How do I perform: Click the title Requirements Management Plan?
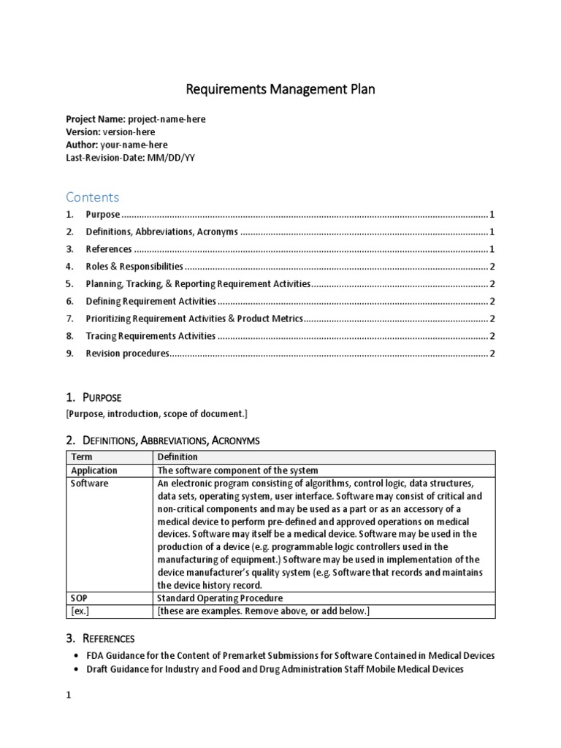[280, 90]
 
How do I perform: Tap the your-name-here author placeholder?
[132, 145]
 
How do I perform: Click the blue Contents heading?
[92, 197]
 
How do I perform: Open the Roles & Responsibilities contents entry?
[134, 267]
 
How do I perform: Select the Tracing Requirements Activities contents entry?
[150, 336]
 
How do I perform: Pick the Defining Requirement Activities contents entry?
[150, 301]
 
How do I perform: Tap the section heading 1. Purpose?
[93, 397]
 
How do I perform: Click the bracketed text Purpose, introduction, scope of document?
[157, 414]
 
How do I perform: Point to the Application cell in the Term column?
[93, 470]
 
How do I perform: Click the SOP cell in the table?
[79, 598]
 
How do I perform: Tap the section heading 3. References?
[100, 638]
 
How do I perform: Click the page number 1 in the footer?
[69, 717]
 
